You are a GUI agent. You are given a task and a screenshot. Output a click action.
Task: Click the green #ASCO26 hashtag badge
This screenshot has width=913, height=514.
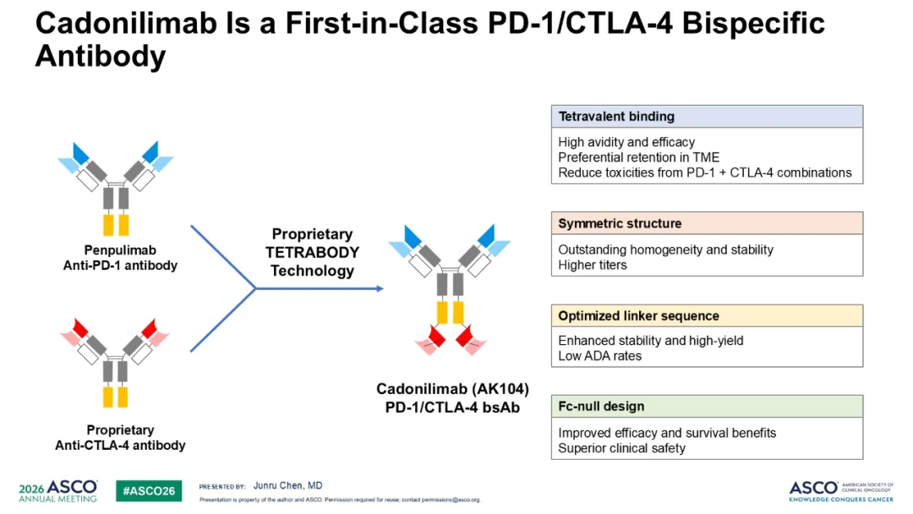[x=149, y=490]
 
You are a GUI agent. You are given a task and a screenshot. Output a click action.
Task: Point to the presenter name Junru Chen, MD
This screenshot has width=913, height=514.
[x=287, y=485]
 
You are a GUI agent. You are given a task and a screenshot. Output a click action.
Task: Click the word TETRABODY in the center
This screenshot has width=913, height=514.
[x=312, y=252]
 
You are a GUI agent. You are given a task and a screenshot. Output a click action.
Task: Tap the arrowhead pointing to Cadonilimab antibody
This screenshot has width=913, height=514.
[x=380, y=288]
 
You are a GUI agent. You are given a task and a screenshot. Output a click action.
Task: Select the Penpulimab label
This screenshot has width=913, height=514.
[x=120, y=250]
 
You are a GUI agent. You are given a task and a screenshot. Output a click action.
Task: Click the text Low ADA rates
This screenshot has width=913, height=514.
[x=599, y=356]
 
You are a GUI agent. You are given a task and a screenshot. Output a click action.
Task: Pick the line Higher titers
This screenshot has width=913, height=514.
[x=592, y=265]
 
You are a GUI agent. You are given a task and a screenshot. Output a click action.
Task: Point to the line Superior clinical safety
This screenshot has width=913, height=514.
[x=621, y=448]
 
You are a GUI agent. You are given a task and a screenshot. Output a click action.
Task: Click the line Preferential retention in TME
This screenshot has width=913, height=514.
[x=639, y=157]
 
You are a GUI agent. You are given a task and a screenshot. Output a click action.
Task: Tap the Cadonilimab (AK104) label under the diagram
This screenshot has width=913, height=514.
[x=452, y=389]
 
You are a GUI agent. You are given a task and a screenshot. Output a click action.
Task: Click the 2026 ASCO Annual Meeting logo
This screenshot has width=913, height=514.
[x=57, y=490]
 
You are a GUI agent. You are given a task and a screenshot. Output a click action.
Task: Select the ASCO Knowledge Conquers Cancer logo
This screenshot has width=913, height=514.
[x=841, y=490]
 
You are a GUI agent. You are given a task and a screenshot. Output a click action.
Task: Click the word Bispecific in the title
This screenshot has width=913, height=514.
[x=753, y=24]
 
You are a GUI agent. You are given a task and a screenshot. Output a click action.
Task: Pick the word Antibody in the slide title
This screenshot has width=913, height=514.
[x=101, y=57]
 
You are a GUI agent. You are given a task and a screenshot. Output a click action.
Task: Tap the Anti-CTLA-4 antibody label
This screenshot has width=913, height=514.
[x=120, y=446]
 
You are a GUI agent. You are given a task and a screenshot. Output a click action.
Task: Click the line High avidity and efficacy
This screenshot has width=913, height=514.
[x=626, y=142]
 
